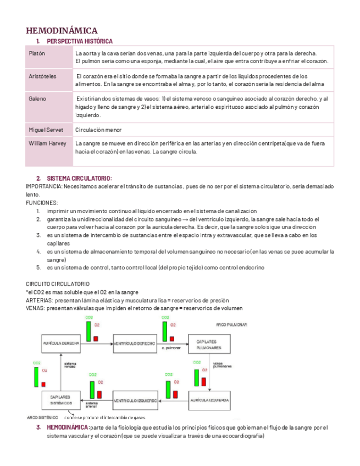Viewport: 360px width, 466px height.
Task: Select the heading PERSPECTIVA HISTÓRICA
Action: tap(80, 42)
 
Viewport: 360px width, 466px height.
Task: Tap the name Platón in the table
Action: tap(37, 53)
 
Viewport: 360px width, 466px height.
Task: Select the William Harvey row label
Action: tap(47, 143)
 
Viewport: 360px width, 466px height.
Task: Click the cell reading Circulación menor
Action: tap(98, 130)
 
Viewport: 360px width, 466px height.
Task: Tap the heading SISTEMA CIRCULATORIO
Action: tap(79, 179)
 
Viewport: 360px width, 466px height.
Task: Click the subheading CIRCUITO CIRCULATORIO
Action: tap(57, 284)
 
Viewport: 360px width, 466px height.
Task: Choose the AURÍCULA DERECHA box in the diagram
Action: tap(62, 342)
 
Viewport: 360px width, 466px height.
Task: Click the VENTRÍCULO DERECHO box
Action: tap(135, 342)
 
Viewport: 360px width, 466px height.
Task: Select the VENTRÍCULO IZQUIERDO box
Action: tap(136, 400)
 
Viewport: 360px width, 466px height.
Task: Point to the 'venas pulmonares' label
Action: tap(222, 364)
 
